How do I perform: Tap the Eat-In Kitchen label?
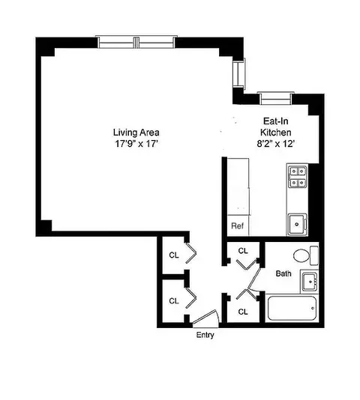pyautogui.click(x=271, y=124)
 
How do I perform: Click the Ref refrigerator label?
pyautogui.click(x=237, y=225)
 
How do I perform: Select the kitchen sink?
pyautogui.click(x=296, y=223)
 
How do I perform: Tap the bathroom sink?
pyautogui.click(x=310, y=282)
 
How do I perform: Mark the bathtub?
pyautogui.click(x=292, y=307)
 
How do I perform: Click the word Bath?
pyautogui.click(x=283, y=273)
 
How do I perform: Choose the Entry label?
pyautogui.click(x=204, y=335)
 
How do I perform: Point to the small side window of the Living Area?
pyautogui.click(x=238, y=73)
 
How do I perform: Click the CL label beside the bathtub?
pyautogui.click(x=243, y=311)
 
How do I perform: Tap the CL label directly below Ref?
pyautogui.click(x=243, y=251)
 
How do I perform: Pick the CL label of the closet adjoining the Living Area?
pyautogui.click(x=173, y=255)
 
